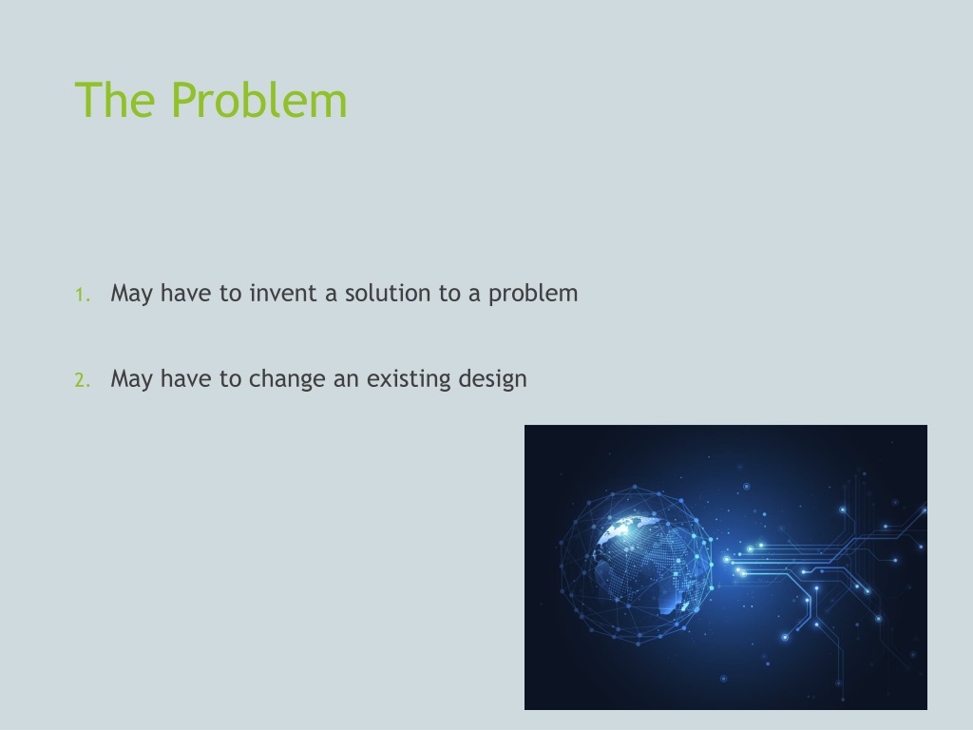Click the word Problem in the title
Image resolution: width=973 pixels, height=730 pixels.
258,99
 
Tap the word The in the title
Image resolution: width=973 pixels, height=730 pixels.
115,99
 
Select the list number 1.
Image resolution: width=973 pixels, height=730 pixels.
82,295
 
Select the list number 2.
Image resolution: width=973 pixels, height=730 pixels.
82,380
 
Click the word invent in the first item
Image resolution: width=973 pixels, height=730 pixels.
283,293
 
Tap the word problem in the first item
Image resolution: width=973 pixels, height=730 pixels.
533,295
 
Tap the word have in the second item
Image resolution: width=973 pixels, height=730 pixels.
185,378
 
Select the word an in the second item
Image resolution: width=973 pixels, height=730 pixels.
346,381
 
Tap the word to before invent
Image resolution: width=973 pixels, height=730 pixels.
230,294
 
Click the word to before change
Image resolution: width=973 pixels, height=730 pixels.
230,379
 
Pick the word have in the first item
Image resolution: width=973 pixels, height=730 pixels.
185,293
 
